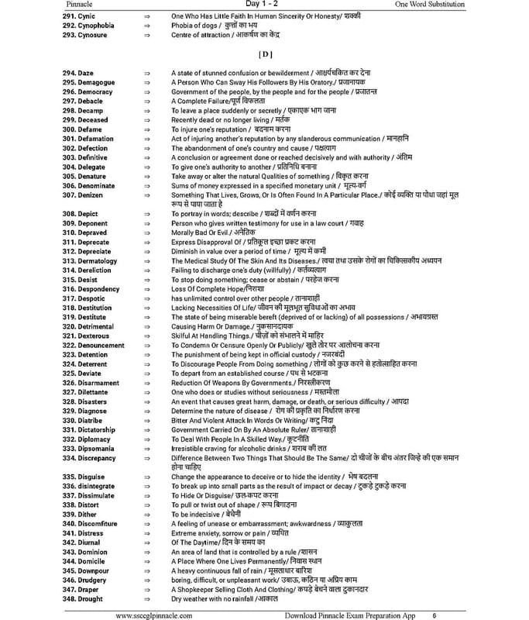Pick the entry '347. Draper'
pos(85,590)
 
